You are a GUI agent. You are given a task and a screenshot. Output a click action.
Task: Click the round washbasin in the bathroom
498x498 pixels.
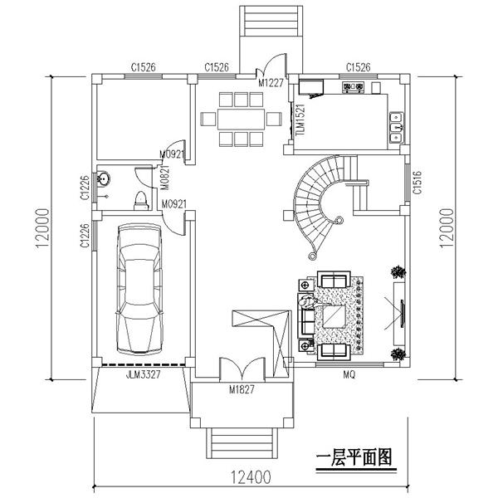[105, 178]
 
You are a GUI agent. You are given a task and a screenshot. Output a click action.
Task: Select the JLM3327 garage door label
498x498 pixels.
[121, 374]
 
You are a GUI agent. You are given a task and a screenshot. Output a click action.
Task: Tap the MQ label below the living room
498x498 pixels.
[349, 375]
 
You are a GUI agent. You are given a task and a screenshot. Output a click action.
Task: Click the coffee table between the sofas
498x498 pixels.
[336, 316]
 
